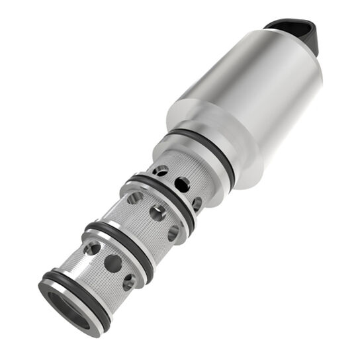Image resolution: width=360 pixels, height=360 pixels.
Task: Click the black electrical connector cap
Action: pos(299,33)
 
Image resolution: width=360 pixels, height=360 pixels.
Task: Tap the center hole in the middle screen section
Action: pos(157,212)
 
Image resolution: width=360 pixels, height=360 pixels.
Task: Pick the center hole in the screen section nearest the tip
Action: pos(113,263)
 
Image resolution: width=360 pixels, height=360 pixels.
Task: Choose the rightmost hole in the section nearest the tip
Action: pos(129,281)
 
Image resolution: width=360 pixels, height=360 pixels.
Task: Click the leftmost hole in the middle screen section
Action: pos(135,197)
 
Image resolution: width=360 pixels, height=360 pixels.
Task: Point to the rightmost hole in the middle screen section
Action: pos(173,232)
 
